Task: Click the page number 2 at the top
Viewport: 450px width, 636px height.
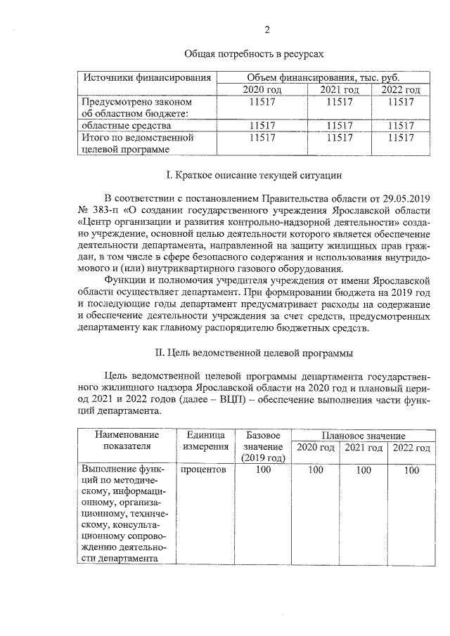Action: click(266, 30)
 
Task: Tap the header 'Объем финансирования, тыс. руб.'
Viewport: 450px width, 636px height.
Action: click(323, 77)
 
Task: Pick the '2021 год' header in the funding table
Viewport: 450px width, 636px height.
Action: click(340, 90)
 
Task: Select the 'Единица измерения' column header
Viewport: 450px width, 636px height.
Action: click(205, 441)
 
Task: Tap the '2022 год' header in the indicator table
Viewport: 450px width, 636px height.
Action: click(411, 448)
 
